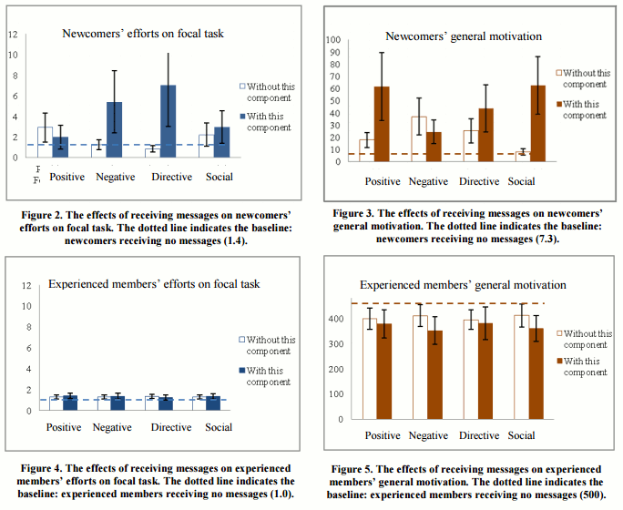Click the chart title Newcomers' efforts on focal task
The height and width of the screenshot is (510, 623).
[143, 34]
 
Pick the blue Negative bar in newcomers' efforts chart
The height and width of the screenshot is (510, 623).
[114, 129]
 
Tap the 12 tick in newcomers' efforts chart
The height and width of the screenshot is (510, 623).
[13, 35]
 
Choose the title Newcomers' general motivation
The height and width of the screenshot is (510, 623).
[464, 36]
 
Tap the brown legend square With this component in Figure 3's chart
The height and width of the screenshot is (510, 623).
[557, 104]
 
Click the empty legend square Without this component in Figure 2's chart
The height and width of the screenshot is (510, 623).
[242, 87]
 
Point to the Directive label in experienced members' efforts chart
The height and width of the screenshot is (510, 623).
[171, 427]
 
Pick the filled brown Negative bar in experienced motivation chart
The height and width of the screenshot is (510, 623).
[435, 374]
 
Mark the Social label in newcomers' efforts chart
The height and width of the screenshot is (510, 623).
[220, 177]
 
